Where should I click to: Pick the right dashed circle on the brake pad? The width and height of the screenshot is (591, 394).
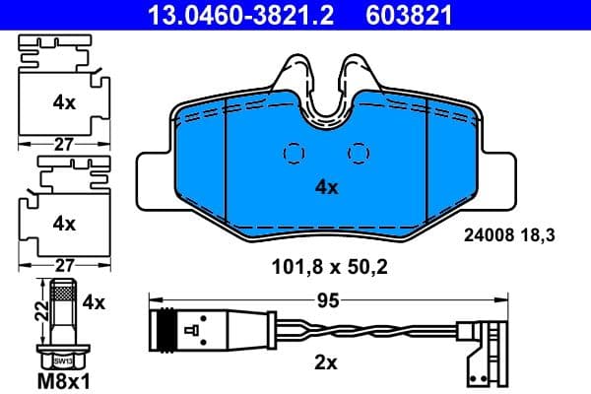pyautogui.click(x=360, y=154)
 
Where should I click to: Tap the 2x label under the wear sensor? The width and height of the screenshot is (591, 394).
pyautogui.click(x=325, y=363)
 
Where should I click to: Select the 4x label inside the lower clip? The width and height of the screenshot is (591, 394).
pyautogui.click(x=64, y=224)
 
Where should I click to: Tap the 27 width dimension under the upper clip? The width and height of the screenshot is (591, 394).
pyautogui.click(x=64, y=144)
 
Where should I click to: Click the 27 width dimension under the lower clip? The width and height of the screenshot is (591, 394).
pyautogui.click(x=64, y=265)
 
